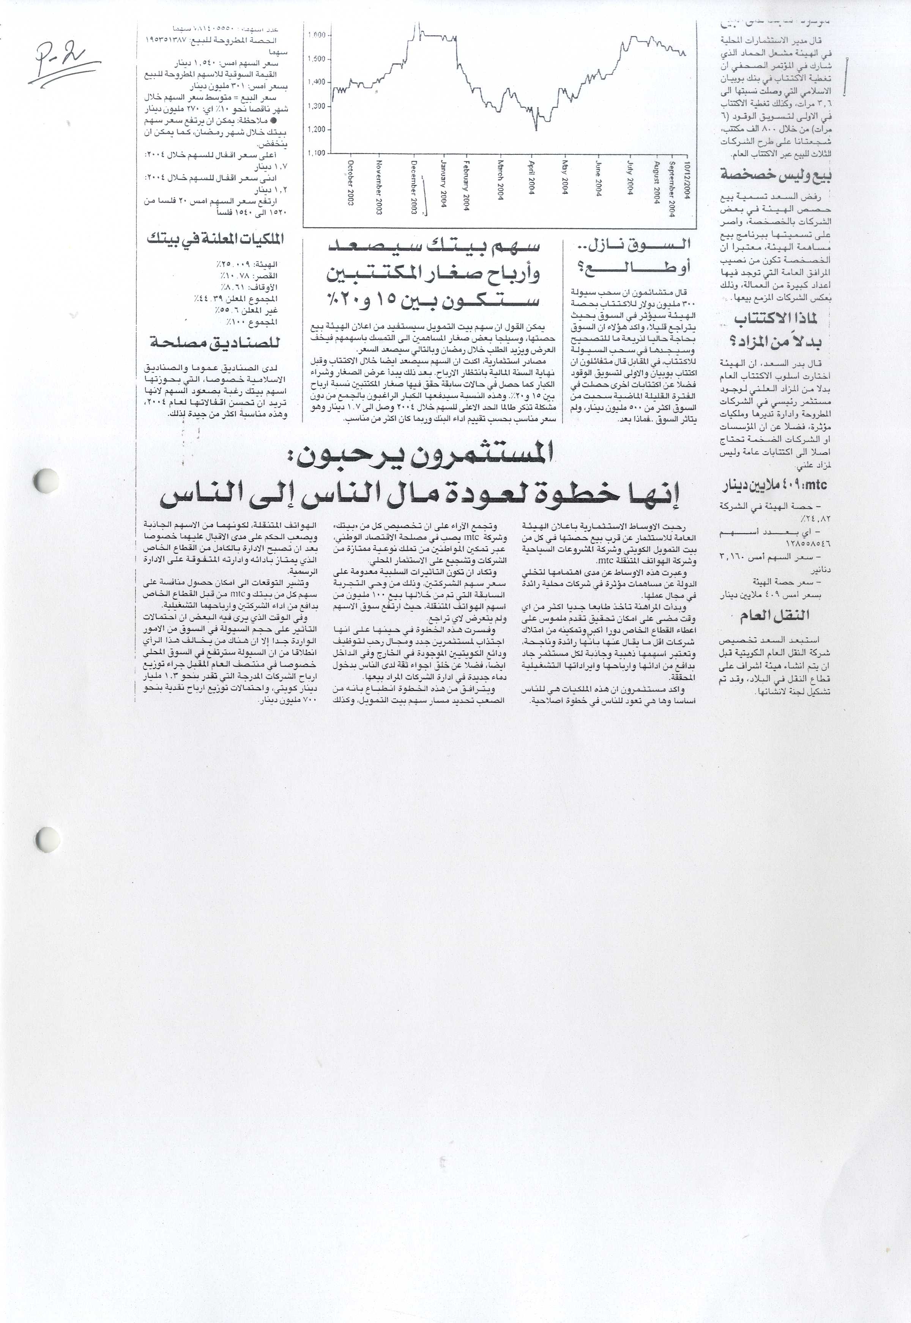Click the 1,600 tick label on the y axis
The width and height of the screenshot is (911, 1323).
click(316, 35)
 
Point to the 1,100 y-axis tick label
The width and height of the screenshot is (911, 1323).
click(316, 153)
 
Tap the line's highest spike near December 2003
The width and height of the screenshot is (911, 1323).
click(419, 24)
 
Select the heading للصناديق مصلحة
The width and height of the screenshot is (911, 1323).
click(215, 343)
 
